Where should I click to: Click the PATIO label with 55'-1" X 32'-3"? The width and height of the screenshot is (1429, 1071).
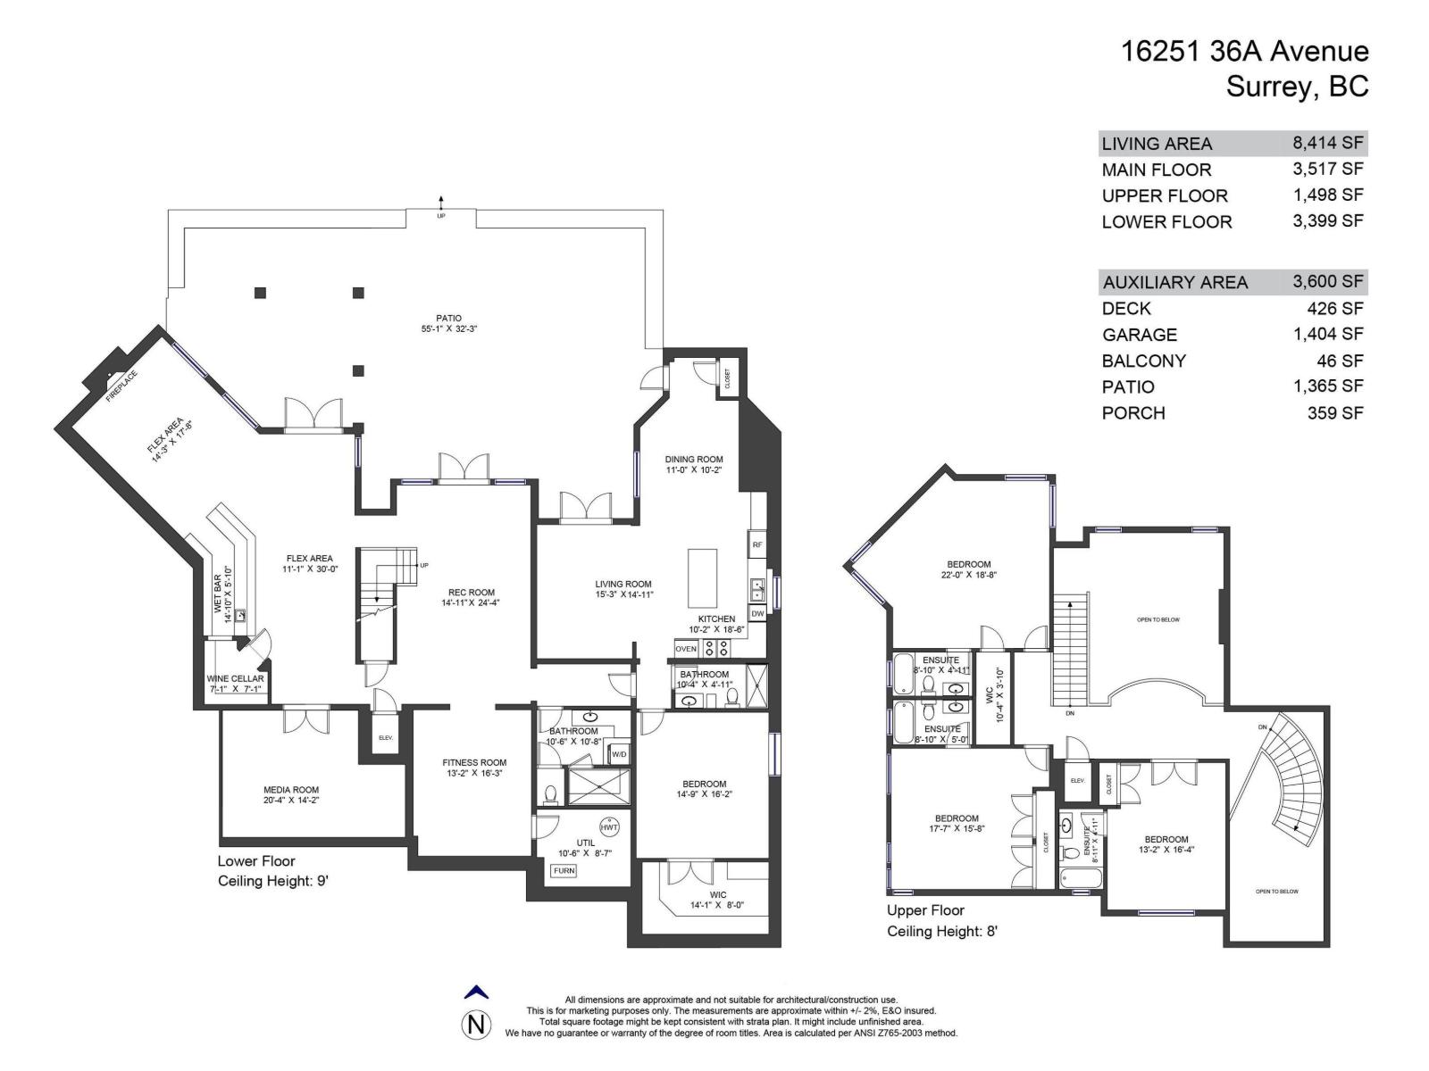pyautogui.click(x=448, y=323)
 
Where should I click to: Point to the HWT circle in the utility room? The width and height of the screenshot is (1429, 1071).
pyautogui.click(x=609, y=826)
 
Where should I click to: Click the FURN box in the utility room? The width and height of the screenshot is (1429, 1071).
pyautogui.click(x=564, y=870)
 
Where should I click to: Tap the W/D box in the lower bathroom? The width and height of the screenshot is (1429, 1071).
pyautogui.click(x=618, y=754)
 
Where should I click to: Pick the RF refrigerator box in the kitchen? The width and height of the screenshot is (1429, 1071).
pyautogui.click(x=756, y=544)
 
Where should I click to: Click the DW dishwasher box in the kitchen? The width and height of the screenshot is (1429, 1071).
pyautogui.click(x=756, y=613)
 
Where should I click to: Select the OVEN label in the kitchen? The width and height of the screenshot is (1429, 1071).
pyautogui.click(x=686, y=649)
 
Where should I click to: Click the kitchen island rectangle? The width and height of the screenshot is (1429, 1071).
pyautogui.click(x=703, y=578)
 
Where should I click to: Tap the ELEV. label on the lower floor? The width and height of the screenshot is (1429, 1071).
pyautogui.click(x=386, y=738)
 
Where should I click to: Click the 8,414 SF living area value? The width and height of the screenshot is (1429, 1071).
pyautogui.click(x=1327, y=142)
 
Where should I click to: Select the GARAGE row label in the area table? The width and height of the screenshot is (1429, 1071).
pyautogui.click(x=1139, y=335)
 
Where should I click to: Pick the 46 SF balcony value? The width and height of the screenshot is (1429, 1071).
pyautogui.click(x=1344, y=361)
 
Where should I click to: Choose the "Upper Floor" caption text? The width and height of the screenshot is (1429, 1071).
pyautogui.click(x=925, y=910)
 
